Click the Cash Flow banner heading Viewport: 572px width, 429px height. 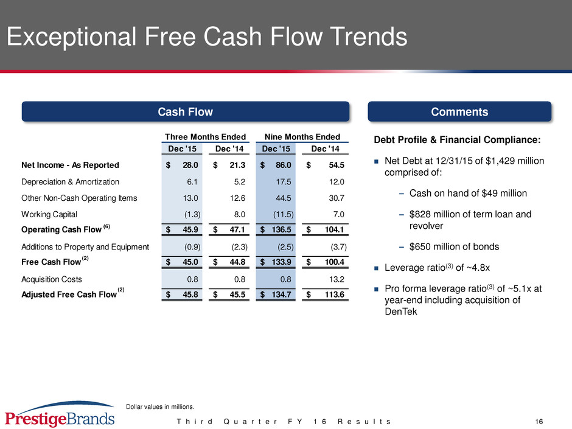(x=186, y=111)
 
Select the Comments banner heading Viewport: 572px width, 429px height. (x=459, y=111)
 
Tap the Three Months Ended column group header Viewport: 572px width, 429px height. (x=205, y=137)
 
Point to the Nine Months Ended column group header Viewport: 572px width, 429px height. (x=302, y=137)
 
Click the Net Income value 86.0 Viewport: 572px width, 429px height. (x=284, y=166)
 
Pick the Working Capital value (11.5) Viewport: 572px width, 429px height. (x=284, y=214)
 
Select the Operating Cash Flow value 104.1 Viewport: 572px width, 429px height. (x=334, y=230)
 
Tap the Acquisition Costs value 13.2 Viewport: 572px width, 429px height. (x=337, y=279)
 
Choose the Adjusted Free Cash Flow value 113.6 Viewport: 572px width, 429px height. (x=334, y=295)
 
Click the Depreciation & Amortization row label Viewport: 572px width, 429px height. (x=70, y=182)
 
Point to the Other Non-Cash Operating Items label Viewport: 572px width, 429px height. (x=79, y=198)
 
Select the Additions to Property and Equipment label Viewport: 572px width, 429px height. (x=85, y=247)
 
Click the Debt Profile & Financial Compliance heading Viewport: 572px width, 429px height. (x=457, y=140)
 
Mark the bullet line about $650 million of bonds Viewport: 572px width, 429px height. (x=454, y=246)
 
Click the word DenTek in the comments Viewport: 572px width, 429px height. (x=400, y=312)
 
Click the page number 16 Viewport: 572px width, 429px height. (x=539, y=422)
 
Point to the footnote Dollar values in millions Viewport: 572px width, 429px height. (x=160, y=406)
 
